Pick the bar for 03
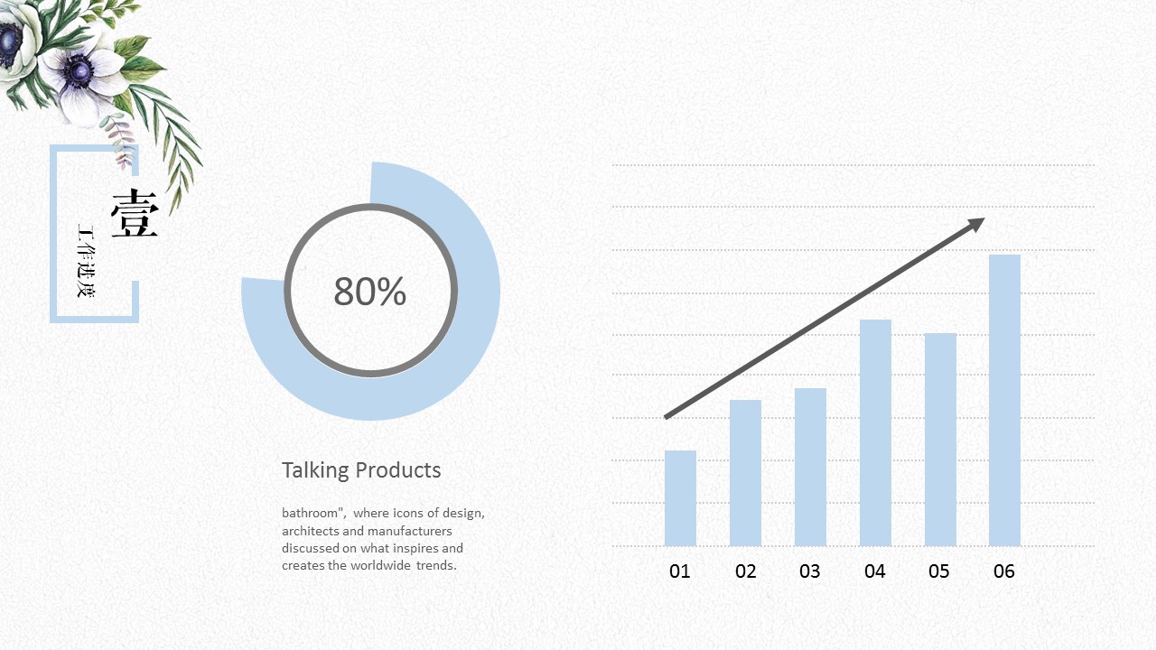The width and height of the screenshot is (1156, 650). (810, 467)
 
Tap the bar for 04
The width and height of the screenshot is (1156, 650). (875, 432)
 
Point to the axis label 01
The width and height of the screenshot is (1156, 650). (680, 571)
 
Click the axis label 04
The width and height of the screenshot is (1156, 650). (875, 571)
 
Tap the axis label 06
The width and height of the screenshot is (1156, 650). (1004, 571)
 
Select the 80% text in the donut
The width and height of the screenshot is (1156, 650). (370, 292)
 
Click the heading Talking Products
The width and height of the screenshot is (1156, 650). (361, 470)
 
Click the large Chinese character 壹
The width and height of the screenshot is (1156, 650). (135, 215)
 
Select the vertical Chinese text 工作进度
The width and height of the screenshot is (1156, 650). (86, 261)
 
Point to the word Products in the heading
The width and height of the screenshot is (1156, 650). (398, 470)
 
